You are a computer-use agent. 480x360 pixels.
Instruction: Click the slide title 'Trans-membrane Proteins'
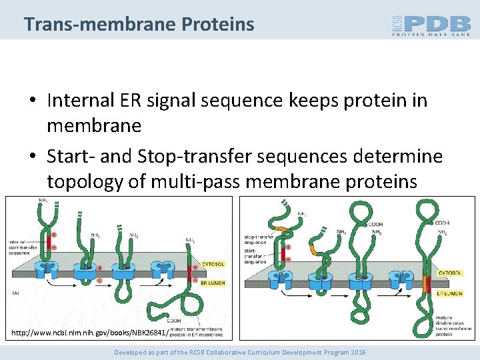139,25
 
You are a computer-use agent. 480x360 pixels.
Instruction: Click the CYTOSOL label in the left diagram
213,263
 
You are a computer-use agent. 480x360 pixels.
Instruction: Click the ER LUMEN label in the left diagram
213,283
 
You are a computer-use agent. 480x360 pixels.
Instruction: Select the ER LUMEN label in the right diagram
451,293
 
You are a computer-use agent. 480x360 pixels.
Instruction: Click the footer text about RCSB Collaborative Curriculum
240,351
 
